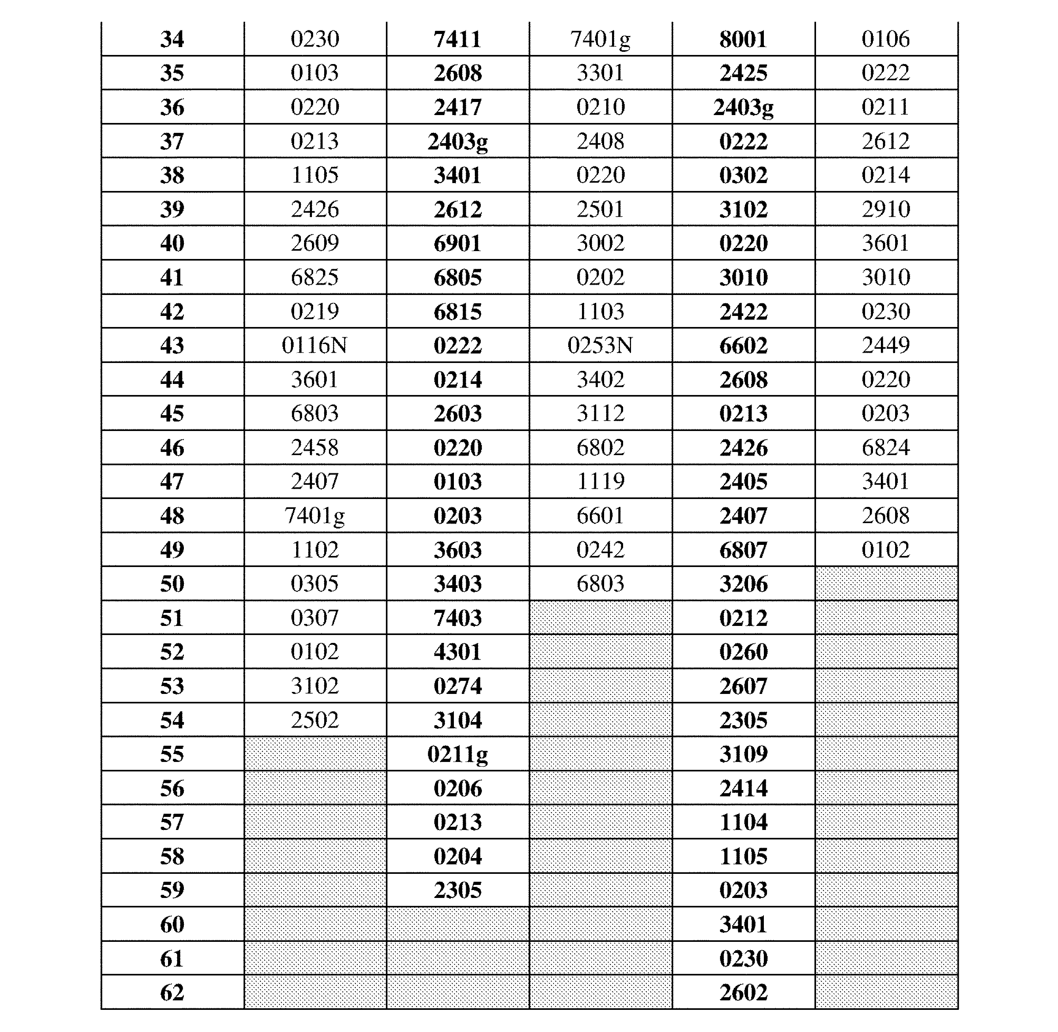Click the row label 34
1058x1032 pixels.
click(x=172, y=39)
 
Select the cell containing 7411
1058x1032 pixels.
click(x=457, y=39)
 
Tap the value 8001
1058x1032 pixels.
click(x=743, y=39)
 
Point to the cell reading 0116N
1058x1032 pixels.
click(x=314, y=345)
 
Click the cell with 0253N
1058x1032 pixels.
click(x=600, y=345)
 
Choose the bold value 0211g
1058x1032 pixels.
click(x=457, y=754)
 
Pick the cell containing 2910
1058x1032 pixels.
click(x=886, y=209)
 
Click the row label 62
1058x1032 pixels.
click(x=172, y=992)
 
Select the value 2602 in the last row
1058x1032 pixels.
click(x=743, y=992)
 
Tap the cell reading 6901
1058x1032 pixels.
click(x=457, y=243)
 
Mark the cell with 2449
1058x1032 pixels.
click(x=886, y=345)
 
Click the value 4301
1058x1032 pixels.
click(x=457, y=652)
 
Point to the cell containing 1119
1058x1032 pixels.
click(x=600, y=481)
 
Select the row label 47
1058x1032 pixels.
click(x=172, y=481)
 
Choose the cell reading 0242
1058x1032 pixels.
click(x=600, y=550)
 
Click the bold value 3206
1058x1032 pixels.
click(x=743, y=584)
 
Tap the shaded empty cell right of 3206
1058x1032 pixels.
click(x=886, y=584)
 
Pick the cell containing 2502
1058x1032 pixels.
click(x=314, y=720)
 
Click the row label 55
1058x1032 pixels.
click(x=172, y=754)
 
